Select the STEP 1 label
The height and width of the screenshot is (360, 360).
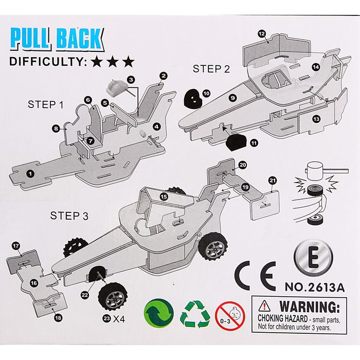46,105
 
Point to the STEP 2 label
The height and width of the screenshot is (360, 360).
211,69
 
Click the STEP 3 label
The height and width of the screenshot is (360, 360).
69,216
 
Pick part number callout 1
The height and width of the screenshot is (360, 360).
30,173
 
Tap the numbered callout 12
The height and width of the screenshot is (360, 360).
262,34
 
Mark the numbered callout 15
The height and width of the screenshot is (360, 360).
164,196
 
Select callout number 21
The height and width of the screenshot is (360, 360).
273,180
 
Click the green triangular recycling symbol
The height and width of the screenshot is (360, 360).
195,314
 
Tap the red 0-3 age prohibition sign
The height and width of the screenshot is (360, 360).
230,315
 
